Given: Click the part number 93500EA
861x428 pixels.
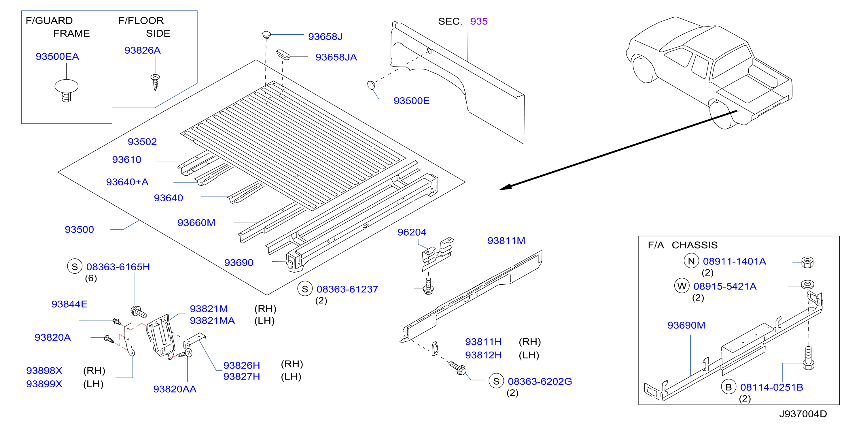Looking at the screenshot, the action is point(58,57).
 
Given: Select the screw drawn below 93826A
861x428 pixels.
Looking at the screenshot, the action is point(155,82).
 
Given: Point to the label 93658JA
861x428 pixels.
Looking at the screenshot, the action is point(336,57).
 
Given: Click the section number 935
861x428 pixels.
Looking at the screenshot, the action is point(479,21).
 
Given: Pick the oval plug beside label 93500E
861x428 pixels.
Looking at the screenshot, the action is point(371,85).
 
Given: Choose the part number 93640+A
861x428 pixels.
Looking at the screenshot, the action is point(127,182).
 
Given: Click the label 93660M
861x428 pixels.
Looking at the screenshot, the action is point(196,223).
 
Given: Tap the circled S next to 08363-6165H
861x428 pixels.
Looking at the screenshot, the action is point(75,267).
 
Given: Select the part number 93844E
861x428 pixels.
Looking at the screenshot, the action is point(69,304).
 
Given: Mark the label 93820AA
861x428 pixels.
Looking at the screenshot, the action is point(175,389).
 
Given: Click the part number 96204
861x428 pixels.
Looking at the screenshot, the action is point(412,232).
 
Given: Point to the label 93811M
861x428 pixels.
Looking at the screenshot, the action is point(506,241).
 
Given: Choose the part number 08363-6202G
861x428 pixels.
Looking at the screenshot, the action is point(540,382).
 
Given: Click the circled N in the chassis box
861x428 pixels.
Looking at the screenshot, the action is point(691,261).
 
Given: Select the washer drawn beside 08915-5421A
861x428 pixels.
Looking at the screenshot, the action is point(807,285).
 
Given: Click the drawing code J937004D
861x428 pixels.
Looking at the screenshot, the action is point(803,414).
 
